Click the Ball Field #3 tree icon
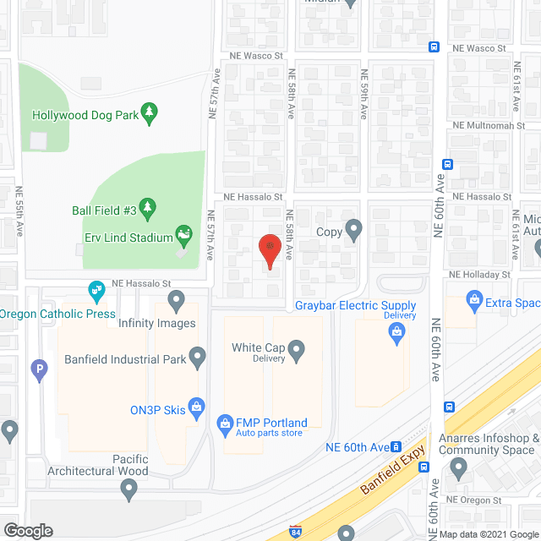(x=148, y=207)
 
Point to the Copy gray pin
(x=354, y=229)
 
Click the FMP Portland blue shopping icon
(x=225, y=422)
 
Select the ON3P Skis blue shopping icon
(x=197, y=407)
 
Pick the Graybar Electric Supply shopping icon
(x=395, y=334)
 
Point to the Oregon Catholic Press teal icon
(x=97, y=292)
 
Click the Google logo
(x=27, y=531)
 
